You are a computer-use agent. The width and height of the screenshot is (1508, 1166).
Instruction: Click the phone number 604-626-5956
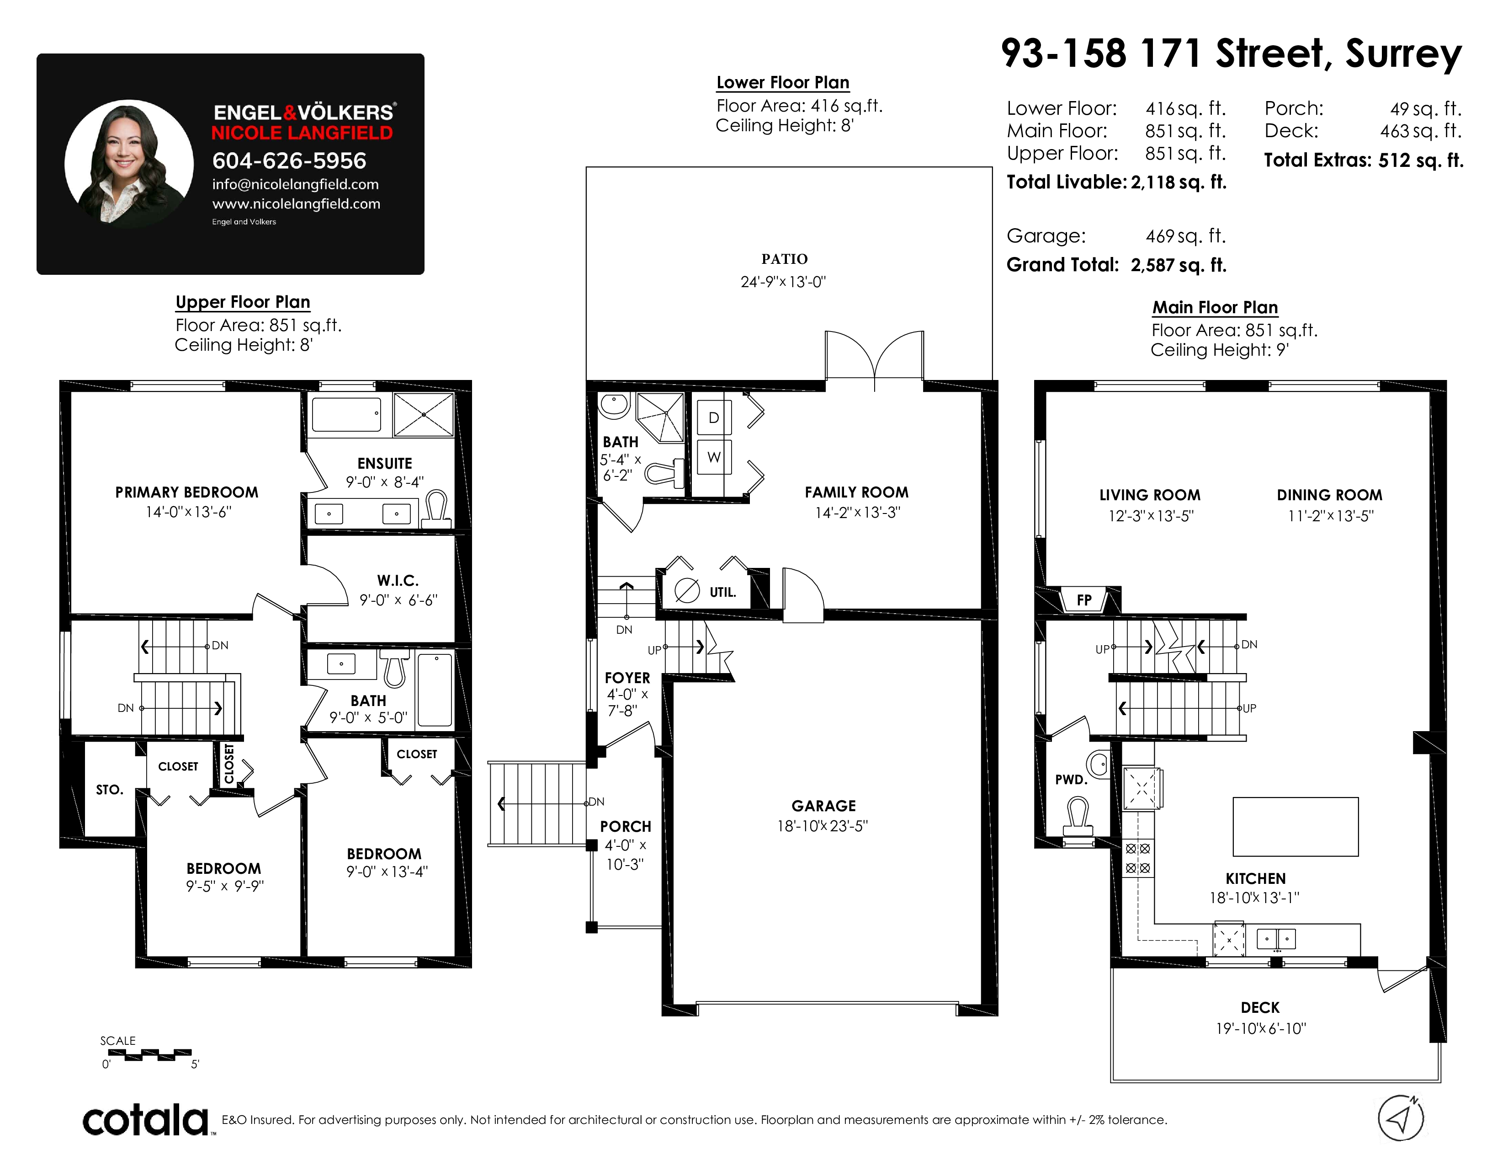pos(289,161)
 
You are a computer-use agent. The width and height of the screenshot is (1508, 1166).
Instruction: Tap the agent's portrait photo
pos(129,164)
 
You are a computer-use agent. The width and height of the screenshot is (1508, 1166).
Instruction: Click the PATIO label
pos(784,259)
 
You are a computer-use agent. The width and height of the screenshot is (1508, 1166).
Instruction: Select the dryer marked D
pos(713,417)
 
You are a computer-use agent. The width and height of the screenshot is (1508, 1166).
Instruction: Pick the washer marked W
pos(713,457)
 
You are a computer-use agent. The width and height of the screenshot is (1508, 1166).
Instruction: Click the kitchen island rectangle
pos(1296,827)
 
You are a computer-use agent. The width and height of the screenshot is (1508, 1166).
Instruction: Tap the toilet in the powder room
pos(1078,815)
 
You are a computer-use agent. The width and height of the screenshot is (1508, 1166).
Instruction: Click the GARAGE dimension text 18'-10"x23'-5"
pos(823,826)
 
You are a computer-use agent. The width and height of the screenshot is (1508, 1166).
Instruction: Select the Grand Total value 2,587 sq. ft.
pos(1179,265)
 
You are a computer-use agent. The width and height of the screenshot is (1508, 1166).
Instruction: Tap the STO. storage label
pos(109,790)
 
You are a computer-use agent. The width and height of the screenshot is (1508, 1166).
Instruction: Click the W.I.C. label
pos(398,581)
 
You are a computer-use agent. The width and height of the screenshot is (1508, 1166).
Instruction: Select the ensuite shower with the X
pos(423,414)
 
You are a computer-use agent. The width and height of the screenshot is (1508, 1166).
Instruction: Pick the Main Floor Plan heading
pos(1215,307)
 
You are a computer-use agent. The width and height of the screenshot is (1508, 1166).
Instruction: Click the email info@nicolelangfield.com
pos(296,184)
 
